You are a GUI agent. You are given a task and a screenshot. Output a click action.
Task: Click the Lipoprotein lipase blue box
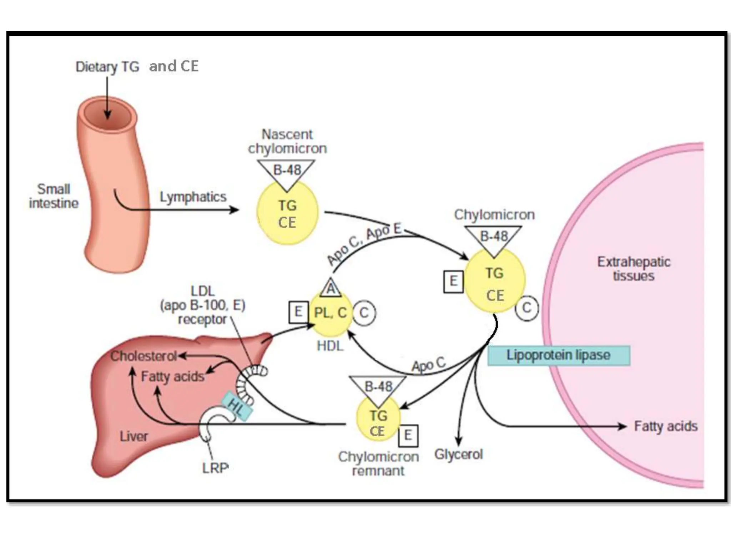pos(559,355)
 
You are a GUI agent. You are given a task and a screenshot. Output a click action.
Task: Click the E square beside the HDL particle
pos(298,312)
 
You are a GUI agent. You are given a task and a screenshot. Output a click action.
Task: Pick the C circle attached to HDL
pos(364,313)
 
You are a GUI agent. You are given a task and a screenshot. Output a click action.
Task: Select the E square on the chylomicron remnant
pos(408,435)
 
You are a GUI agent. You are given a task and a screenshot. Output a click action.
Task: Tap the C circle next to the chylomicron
pos(526,308)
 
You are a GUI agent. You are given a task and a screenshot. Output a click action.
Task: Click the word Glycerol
pos(458,455)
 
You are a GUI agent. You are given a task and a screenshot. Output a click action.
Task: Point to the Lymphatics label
pos(193,197)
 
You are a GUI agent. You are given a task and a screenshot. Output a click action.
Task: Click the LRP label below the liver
pos(215,468)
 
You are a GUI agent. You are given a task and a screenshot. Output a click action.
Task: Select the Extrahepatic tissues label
pos(634,269)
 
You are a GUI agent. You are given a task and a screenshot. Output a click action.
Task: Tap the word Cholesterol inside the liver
pos(143,356)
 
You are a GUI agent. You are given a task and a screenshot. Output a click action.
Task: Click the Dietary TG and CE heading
pos(137,67)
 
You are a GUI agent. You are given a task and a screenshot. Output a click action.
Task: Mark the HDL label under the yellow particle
pos(330,346)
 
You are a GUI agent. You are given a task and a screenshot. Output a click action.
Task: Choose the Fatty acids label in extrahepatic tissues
pos(666,426)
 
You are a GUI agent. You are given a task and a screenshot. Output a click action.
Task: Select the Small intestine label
pos(54,196)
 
